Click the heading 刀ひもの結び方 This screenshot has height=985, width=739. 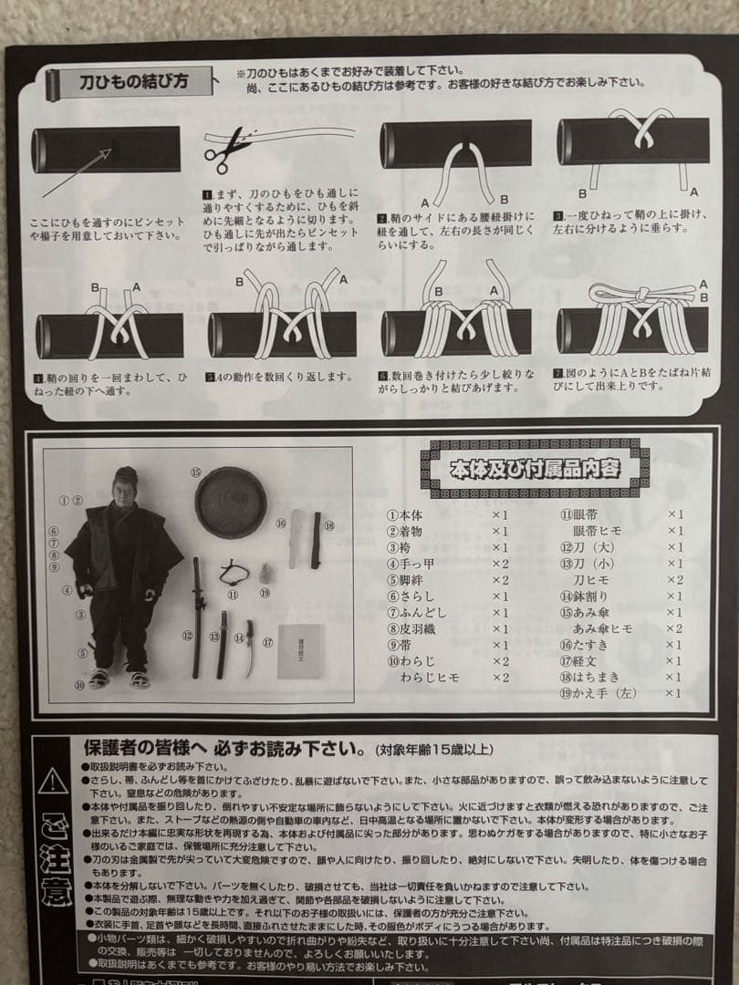pyautogui.click(x=135, y=82)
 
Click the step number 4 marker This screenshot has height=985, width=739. pyautogui.click(x=37, y=377)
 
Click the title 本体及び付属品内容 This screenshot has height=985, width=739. pyautogui.click(x=536, y=469)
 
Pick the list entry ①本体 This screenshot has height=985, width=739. pyautogui.click(x=405, y=514)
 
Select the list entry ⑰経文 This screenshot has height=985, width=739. pyautogui.click(x=584, y=660)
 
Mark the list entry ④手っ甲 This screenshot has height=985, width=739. pyautogui.click(x=411, y=564)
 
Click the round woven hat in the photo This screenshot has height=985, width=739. pyautogui.click(x=230, y=503)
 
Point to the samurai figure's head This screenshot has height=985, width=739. pyautogui.click(x=125, y=483)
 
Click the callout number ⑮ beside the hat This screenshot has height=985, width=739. pyautogui.click(x=195, y=472)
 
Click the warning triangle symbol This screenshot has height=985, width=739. pyautogui.click(x=54, y=780)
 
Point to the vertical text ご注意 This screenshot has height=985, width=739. pyautogui.click(x=54, y=857)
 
